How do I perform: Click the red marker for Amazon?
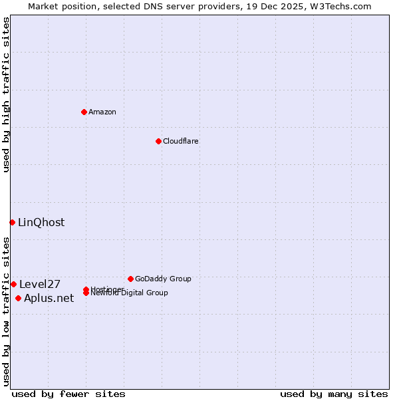84,112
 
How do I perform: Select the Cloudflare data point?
158,141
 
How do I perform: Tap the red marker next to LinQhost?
12,222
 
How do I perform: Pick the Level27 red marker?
13,284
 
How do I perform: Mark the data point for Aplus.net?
18,298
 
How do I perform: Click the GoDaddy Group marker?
130,279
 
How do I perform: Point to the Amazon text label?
102,112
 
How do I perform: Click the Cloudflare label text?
180,141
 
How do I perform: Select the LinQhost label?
41,223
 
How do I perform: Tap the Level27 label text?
40,285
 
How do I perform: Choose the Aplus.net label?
49,299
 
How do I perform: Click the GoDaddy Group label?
163,279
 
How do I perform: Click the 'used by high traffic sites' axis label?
6,94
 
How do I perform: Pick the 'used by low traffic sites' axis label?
6,311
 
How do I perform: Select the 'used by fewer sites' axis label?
68,394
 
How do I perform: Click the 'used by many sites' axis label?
334,394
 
